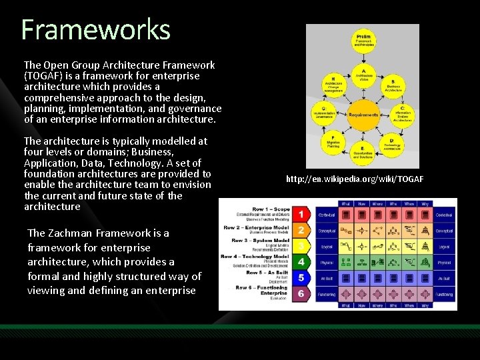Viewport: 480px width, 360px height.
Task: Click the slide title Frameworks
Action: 96,30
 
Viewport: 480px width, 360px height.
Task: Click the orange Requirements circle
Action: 363,114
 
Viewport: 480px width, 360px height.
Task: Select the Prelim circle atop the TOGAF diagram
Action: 363,39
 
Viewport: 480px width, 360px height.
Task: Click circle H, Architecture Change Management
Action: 333,85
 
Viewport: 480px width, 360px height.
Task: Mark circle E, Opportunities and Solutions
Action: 363,153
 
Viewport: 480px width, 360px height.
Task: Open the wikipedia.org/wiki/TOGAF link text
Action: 355,179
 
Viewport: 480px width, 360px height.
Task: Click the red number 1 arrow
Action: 301,215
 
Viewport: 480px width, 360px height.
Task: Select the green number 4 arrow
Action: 301,262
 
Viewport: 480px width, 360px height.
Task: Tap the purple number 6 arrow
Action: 301,293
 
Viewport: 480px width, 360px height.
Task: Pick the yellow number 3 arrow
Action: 301,246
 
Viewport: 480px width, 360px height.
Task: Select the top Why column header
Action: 424,204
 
